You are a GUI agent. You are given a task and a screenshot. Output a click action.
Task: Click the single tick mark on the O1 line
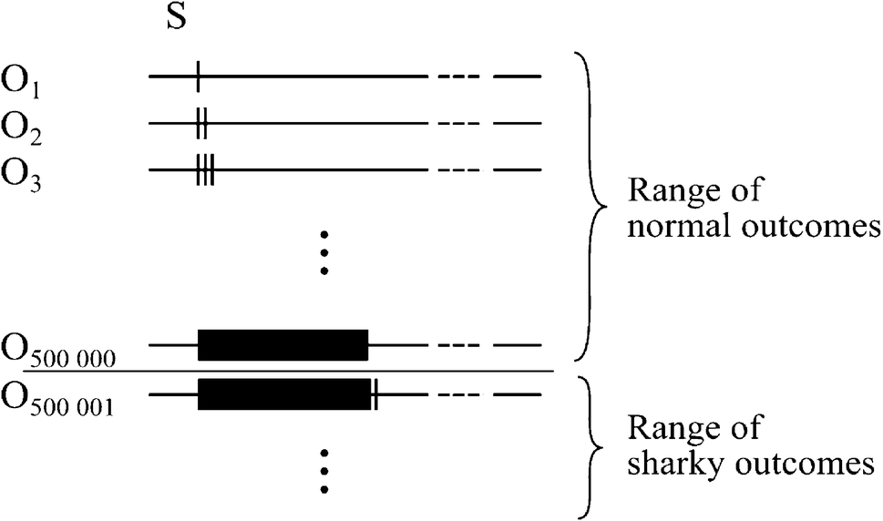(x=198, y=77)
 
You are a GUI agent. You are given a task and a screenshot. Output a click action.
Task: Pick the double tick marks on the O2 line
(x=201, y=123)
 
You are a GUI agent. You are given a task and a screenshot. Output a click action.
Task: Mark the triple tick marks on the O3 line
(x=205, y=169)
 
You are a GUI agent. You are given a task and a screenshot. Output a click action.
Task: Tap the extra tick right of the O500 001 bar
(x=375, y=394)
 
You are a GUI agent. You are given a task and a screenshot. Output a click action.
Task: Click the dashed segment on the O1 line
(x=458, y=77)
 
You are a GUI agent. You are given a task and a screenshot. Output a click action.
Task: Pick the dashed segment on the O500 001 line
(x=458, y=394)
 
